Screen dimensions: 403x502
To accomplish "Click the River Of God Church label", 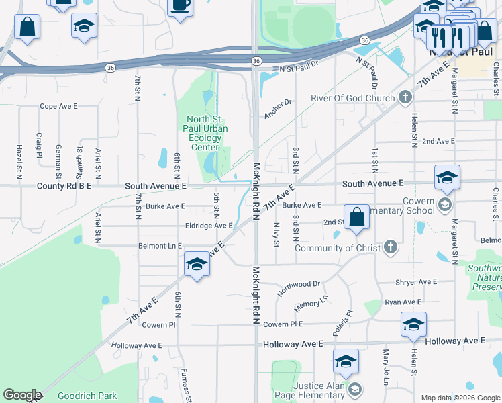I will coord(352,99).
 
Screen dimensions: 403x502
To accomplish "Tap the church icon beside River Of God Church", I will coord(404,99).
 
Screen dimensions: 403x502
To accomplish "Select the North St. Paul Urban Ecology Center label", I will coord(206,133).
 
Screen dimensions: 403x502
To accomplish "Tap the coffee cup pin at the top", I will coord(180,6).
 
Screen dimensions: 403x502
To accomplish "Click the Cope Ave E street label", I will coord(59,106).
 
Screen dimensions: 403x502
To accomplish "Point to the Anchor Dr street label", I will coord(279,109).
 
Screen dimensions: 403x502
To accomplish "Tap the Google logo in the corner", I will coord(22,396).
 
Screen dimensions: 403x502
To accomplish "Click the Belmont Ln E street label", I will coord(160,246).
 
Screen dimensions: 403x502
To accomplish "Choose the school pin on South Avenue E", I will coord(447,178).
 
